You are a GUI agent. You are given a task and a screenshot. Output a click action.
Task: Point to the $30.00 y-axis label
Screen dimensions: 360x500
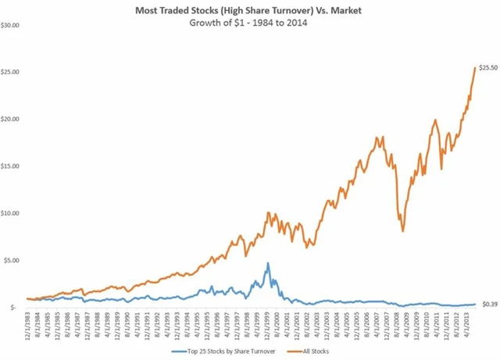click(12, 25)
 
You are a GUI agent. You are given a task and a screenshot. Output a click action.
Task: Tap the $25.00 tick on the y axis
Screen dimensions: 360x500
click(12, 72)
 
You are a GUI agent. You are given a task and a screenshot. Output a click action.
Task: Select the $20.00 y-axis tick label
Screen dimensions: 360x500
click(12, 119)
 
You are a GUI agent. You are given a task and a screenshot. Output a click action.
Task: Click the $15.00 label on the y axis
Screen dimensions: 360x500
click(12, 166)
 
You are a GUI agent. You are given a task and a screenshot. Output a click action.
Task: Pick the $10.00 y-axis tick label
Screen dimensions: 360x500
click(12, 213)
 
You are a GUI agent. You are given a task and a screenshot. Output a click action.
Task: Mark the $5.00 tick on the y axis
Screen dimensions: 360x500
click(14, 260)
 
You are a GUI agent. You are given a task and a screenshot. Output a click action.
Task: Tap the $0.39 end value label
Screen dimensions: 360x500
click(489, 304)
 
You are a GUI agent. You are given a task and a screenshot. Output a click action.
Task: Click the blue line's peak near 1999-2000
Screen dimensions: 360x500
click(268, 263)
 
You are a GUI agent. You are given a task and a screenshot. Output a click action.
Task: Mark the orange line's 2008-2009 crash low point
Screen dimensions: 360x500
click(403, 231)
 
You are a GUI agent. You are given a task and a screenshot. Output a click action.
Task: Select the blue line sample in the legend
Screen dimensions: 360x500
click(182, 351)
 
